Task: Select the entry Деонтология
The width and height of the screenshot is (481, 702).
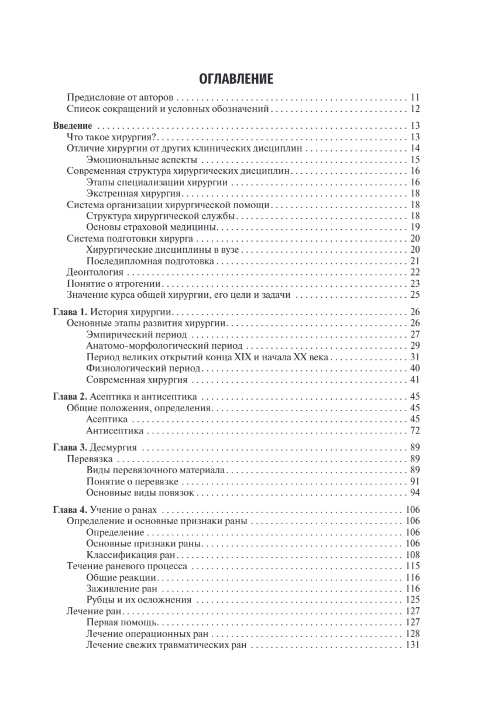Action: click(x=95, y=272)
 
